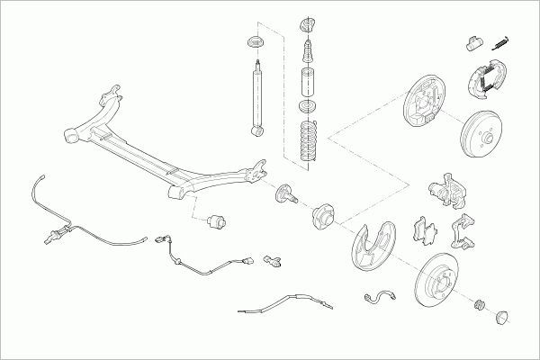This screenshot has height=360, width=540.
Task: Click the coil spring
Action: point(309,140)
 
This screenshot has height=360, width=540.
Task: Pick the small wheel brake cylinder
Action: point(474,41)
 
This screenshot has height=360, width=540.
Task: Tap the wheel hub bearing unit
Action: point(321,217)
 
